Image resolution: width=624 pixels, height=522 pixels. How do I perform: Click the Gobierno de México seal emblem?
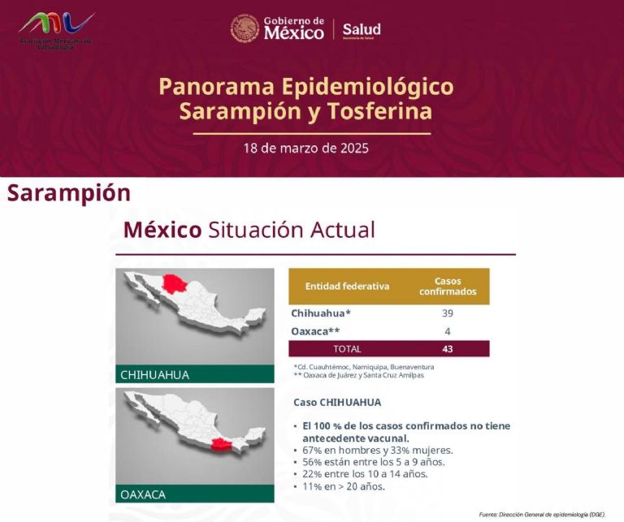click(245, 28)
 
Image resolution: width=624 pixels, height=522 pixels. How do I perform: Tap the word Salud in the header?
click(361, 28)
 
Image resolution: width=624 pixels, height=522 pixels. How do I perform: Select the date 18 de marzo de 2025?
click(306, 149)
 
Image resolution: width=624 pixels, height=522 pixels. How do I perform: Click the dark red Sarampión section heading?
click(69, 193)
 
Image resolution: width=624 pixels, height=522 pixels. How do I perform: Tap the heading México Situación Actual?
click(249, 230)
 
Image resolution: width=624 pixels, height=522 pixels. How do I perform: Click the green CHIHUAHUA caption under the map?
click(155, 375)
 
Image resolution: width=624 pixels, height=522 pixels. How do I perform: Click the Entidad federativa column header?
click(347, 286)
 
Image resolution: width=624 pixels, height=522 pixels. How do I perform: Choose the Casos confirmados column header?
click(448, 286)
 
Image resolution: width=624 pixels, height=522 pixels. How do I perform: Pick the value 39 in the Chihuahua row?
click(447, 313)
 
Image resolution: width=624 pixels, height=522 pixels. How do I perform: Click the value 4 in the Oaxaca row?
click(447, 331)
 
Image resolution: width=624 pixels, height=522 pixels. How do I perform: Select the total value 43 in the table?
click(447, 349)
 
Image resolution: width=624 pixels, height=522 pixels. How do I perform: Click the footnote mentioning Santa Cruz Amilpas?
click(359, 375)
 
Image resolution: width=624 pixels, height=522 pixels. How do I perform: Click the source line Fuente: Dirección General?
click(542, 514)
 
